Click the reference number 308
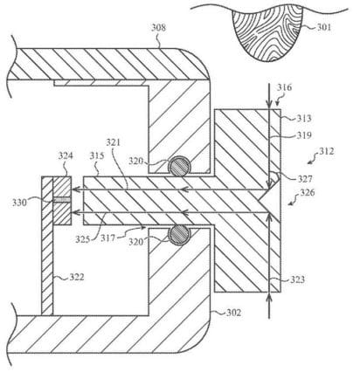tap(158, 27)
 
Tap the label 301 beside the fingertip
tap(324, 27)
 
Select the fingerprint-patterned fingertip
tap(267, 32)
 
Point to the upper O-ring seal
tap(180, 166)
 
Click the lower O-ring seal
tap(179, 234)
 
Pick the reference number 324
tap(66, 155)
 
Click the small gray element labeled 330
tap(62, 200)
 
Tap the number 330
tap(19, 202)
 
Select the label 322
tap(77, 277)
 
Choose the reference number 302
tap(233, 313)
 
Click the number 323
tap(297, 279)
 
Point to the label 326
tap(308, 192)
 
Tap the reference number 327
tap(305, 179)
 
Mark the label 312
tap(327, 151)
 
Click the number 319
tap(304, 135)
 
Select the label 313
tap(304, 118)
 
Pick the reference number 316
tap(284, 87)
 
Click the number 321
tap(113, 142)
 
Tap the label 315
tap(97, 155)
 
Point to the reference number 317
tap(108, 238)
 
